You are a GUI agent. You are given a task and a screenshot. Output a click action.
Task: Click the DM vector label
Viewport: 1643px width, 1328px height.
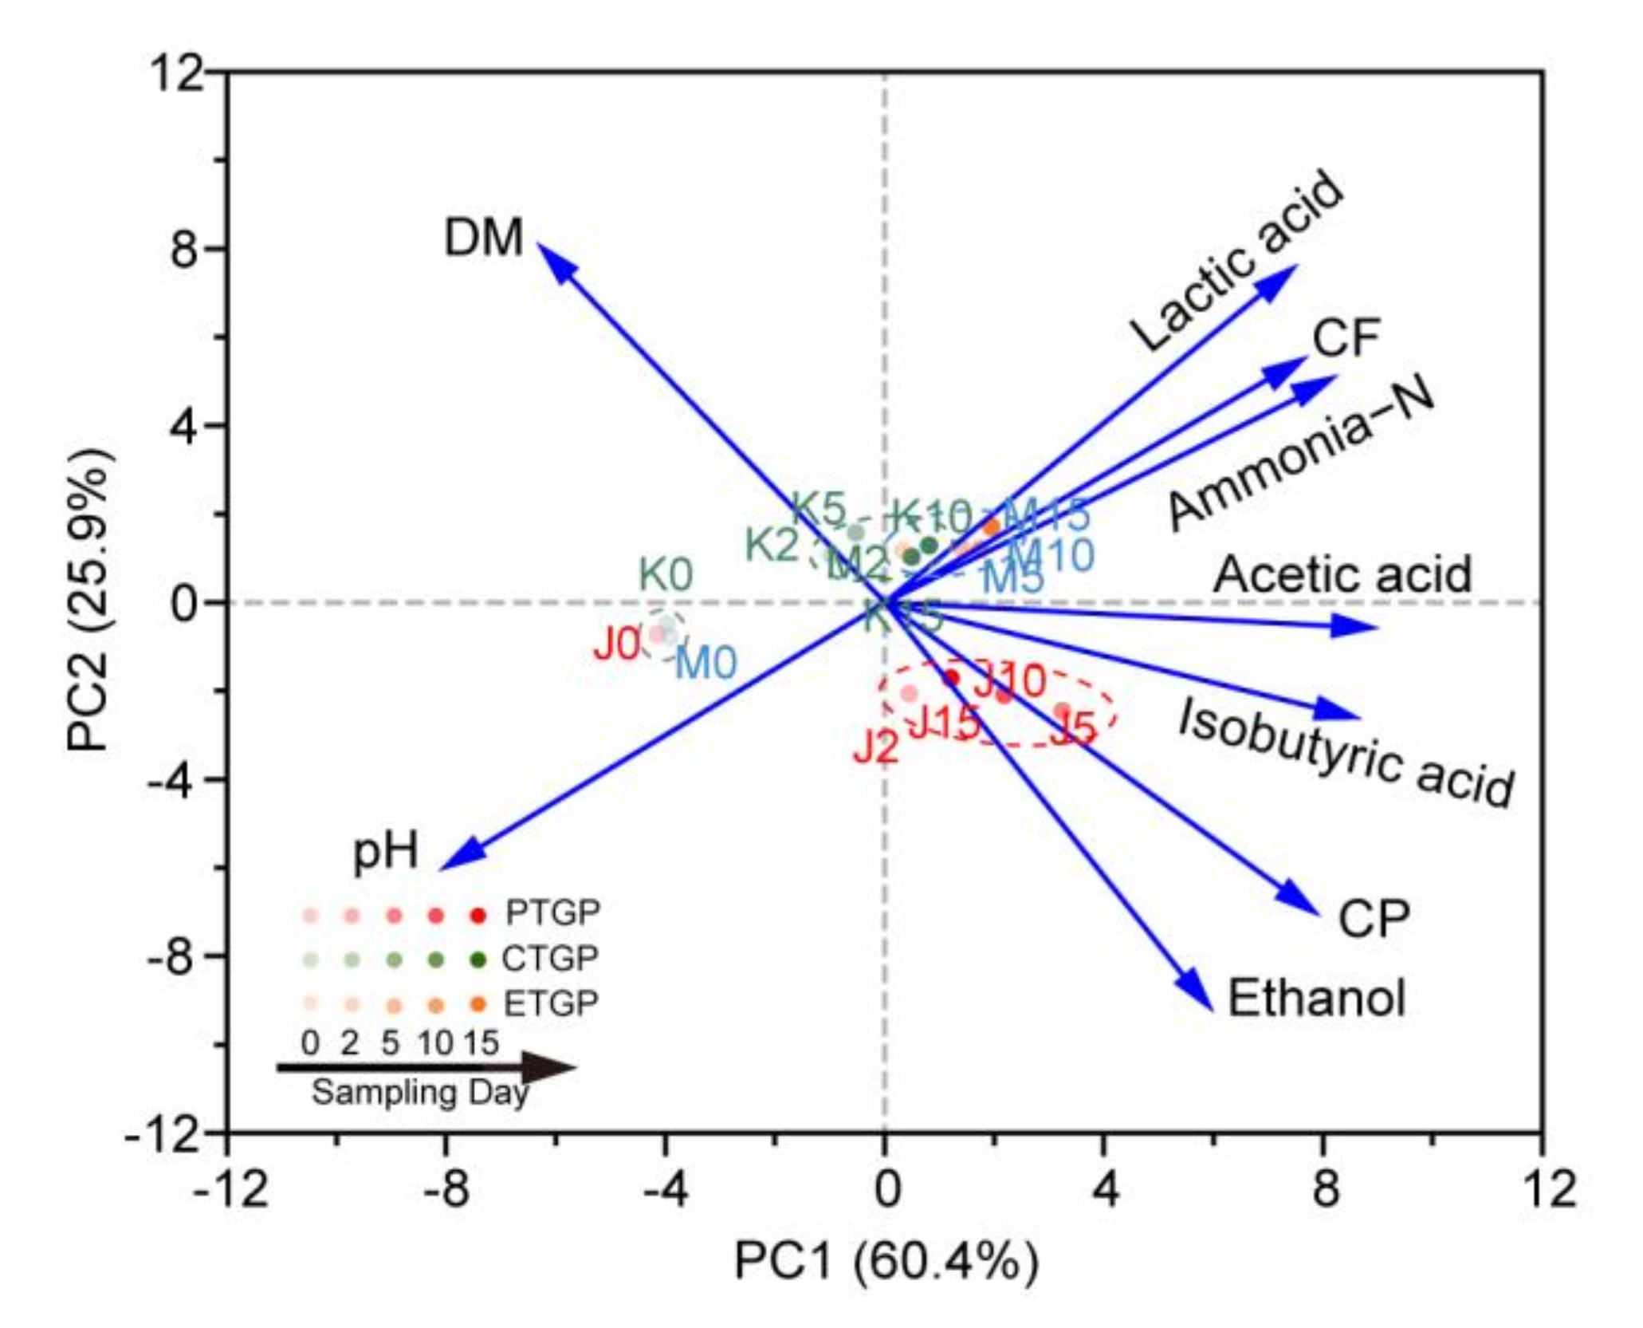[x=483, y=238]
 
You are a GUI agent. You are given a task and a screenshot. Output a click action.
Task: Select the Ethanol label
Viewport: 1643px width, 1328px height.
[x=1315, y=998]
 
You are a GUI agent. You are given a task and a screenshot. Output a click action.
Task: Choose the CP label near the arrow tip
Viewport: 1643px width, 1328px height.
[x=1373, y=919]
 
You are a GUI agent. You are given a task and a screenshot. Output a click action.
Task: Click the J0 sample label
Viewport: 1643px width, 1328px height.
[x=616, y=644]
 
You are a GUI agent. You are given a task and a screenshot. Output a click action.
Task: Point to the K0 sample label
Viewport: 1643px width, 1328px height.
[x=666, y=574]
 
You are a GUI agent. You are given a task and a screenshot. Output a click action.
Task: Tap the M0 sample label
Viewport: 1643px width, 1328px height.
[x=706, y=663]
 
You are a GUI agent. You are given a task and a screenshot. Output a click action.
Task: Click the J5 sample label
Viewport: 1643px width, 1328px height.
[x=1073, y=728]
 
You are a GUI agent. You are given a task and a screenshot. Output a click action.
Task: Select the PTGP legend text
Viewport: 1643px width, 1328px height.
[x=552, y=912]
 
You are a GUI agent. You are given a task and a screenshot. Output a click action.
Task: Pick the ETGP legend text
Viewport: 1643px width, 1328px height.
[x=550, y=1003]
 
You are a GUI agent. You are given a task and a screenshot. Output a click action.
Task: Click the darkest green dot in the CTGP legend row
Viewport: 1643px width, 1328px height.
[x=478, y=960]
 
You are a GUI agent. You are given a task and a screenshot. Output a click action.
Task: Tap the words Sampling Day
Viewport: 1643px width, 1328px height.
[x=419, y=1092]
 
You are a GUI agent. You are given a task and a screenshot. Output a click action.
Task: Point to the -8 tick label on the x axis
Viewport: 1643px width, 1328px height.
[x=445, y=1188]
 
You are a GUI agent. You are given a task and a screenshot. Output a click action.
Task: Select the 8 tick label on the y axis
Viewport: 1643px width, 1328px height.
[x=183, y=249]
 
